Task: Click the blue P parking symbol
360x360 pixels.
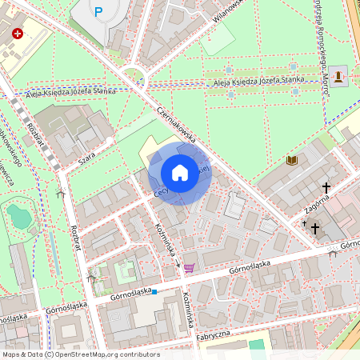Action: click(98, 12)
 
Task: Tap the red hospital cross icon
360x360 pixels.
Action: click(18, 35)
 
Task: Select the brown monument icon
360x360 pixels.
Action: click(339, 76)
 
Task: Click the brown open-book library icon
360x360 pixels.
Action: click(291, 161)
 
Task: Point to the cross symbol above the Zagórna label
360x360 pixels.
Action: click(326, 188)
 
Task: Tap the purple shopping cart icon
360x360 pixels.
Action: click(189, 269)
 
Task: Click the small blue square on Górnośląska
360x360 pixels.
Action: click(154, 292)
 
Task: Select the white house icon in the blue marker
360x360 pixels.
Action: click(180, 172)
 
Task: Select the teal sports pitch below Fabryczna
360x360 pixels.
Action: click(256, 346)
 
